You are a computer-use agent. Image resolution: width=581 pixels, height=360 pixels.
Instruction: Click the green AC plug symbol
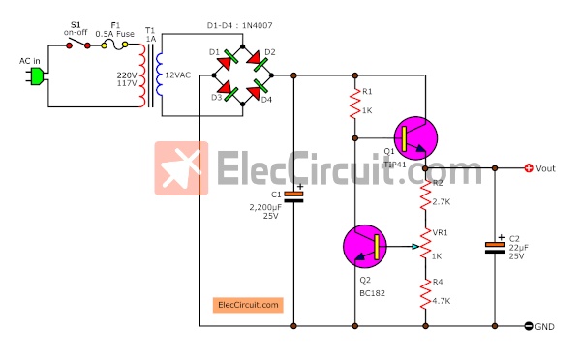[x=37, y=76]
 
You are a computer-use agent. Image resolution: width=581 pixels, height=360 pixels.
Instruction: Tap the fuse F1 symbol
[x=115, y=45]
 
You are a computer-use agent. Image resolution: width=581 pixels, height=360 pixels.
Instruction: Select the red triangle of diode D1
[x=224, y=64]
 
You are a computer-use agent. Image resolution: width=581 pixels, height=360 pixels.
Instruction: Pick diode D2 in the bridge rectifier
[x=258, y=60]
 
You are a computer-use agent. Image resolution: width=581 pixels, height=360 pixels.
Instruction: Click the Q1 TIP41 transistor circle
[x=415, y=138]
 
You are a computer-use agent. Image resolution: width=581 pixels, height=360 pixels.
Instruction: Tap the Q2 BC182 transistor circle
[x=365, y=247]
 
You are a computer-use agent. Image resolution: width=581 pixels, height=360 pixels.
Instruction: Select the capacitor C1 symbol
[x=293, y=196]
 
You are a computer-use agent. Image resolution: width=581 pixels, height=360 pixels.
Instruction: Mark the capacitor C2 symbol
[x=495, y=248]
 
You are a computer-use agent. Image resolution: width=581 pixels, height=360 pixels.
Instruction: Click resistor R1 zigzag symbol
[x=355, y=104]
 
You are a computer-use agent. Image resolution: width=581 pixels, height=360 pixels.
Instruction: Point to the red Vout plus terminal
[x=529, y=168]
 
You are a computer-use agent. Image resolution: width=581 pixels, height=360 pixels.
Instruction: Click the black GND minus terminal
[x=529, y=326]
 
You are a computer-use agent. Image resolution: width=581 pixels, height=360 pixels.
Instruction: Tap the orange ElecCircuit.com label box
[x=248, y=305]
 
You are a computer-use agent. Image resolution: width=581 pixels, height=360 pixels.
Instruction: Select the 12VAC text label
[x=178, y=75]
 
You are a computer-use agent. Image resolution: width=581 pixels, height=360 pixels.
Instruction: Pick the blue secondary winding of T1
[x=160, y=75]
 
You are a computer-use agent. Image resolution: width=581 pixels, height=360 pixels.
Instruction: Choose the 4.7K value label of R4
[x=442, y=301]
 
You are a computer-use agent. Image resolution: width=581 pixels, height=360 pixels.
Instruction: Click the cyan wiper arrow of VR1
[x=415, y=247]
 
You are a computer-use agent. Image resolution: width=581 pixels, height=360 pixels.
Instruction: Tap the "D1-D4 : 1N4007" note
[x=240, y=25]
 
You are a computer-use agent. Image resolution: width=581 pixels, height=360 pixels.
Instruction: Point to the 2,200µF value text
[x=265, y=207]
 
